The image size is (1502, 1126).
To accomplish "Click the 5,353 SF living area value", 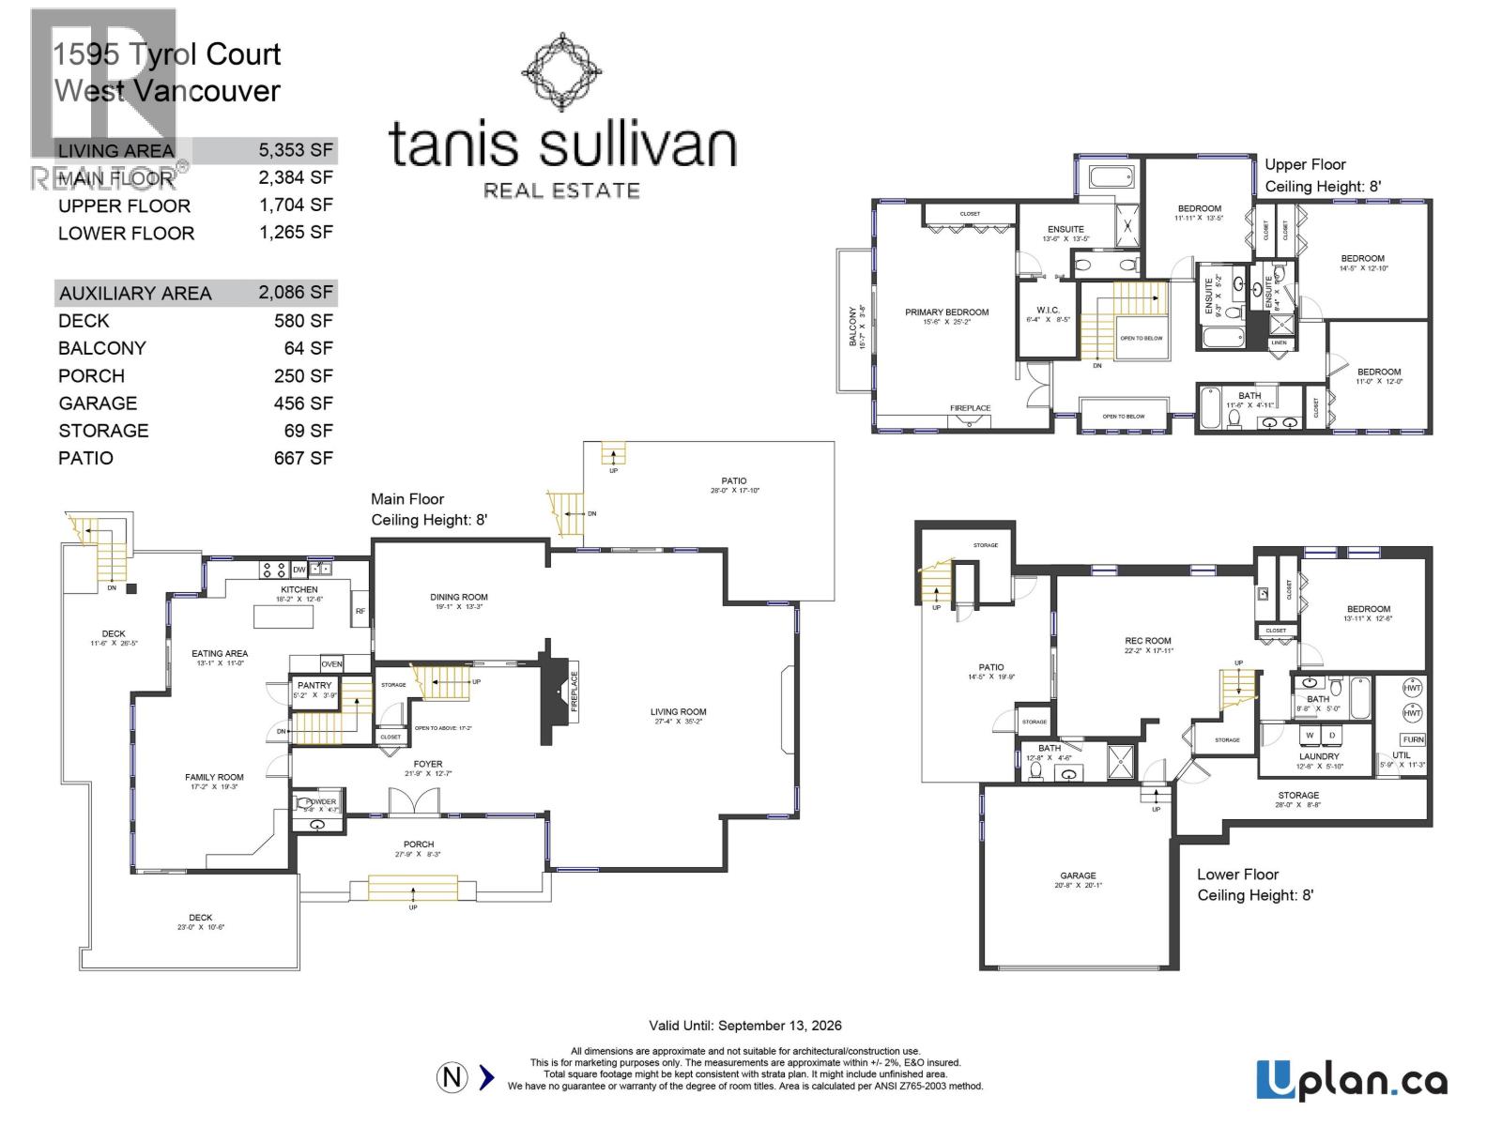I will [296, 150].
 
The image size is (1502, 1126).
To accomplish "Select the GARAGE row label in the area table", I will [98, 403].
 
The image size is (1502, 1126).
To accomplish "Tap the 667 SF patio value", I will [302, 458].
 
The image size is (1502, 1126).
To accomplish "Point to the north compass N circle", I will [452, 1077].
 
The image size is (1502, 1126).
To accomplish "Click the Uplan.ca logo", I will [1351, 1081].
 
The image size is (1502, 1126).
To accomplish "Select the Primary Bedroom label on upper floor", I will [946, 312].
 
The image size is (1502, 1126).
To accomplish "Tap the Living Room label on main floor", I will [678, 712].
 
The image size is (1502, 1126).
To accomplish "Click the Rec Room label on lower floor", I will [1147, 642].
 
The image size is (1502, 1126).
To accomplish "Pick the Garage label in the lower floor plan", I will [1078, 875].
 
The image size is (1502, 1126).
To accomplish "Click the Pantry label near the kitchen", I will [314, 686].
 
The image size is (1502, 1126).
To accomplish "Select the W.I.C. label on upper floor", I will [1048, 311].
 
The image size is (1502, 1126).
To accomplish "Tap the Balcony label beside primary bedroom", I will [853, 327].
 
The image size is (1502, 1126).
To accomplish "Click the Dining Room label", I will [459, 597].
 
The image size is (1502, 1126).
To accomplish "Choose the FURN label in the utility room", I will [1413, 739].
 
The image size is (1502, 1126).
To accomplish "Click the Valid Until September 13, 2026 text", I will [745, 1026].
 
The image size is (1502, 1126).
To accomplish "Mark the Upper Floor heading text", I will [1305, 164].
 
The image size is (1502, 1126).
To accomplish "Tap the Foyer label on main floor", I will [428, 765].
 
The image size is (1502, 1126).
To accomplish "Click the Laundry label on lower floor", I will [1319, 756].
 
